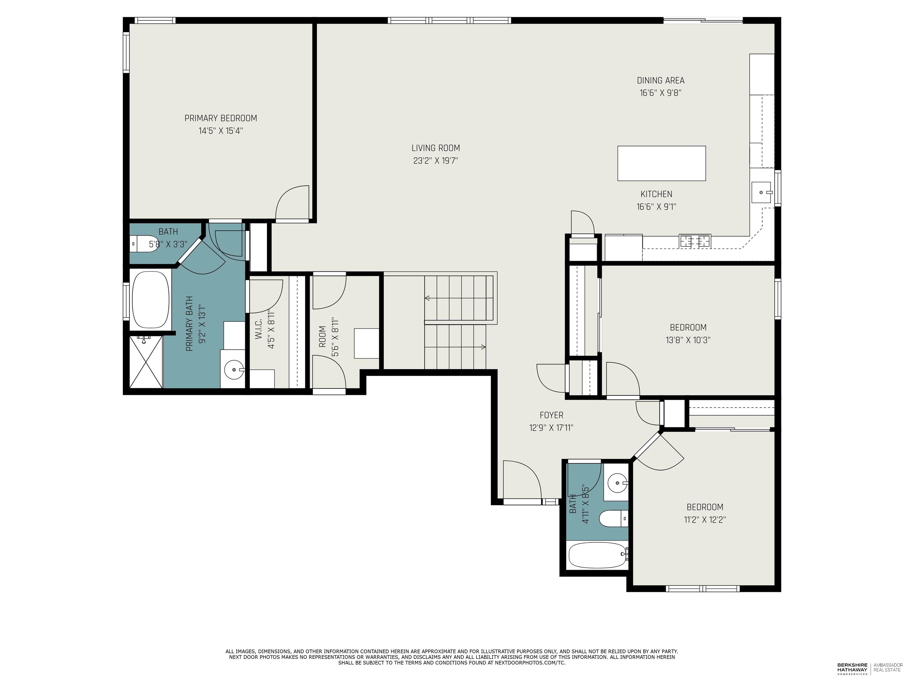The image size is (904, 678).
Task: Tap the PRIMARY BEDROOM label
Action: click(x=221, y=118)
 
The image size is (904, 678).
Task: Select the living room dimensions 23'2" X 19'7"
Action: click(x=435, y=161)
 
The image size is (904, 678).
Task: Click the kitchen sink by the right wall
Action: click(x=761, y=192)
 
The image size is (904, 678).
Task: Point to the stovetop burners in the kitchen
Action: click(x=695, y=241)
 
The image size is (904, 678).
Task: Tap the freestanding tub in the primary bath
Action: click(x=150, y=300)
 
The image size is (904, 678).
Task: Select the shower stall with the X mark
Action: click(x=146, y=361)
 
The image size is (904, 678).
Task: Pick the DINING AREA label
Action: click(x=660, y=81)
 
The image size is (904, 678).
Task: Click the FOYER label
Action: click(x=551, y=415)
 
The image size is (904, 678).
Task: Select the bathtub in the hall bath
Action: click(x=597, y=555)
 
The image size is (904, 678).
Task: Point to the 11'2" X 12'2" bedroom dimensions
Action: click(x=704, y=520)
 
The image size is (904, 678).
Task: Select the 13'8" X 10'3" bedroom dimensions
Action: click(x=688, y=340)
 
